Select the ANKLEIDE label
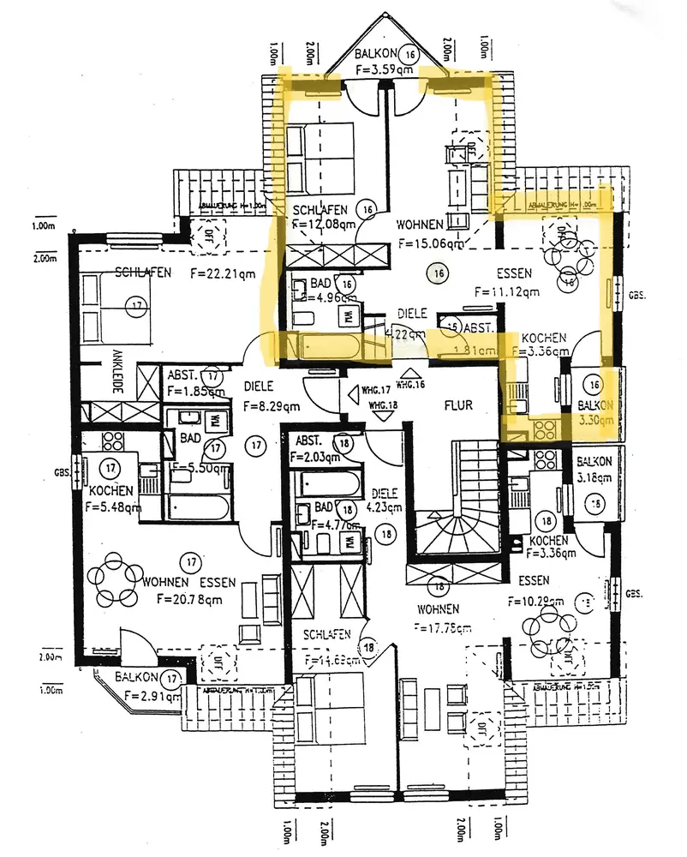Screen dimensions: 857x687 (116, 373)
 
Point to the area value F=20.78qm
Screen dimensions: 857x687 (183, 599)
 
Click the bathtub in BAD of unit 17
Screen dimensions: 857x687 (198, 505)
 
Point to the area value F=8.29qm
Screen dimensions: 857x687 (271, 406)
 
